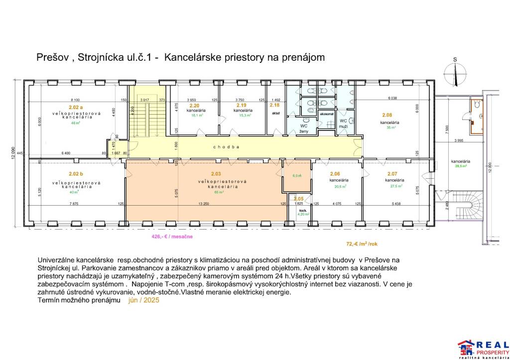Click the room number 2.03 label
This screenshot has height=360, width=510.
click(216, 174)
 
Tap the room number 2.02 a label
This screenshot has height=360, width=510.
click(76, 108)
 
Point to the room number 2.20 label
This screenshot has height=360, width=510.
click(194, 106)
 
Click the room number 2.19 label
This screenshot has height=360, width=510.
click(242, 106)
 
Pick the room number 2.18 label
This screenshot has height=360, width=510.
click(274, 106)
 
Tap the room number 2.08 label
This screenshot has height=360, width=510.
click(386, 115)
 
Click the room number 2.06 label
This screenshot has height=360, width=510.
click(335, 174)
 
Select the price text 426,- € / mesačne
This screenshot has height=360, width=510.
click(172, 237)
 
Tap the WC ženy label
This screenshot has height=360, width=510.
click(303, 128)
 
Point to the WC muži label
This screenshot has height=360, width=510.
click(343, 123)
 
